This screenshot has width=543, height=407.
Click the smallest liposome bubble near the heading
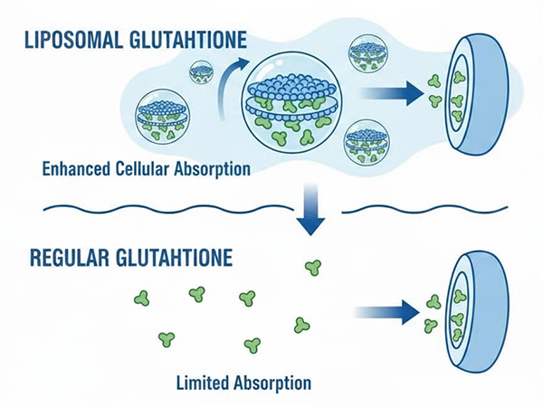(x=200, y=71)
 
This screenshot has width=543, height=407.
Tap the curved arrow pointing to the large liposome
(x=228, y=80)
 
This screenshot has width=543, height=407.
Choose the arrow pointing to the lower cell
(x=389, y=312)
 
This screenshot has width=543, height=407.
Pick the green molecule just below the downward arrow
(x=313, y=267)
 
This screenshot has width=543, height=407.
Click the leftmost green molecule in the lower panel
(x=141, y=297)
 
